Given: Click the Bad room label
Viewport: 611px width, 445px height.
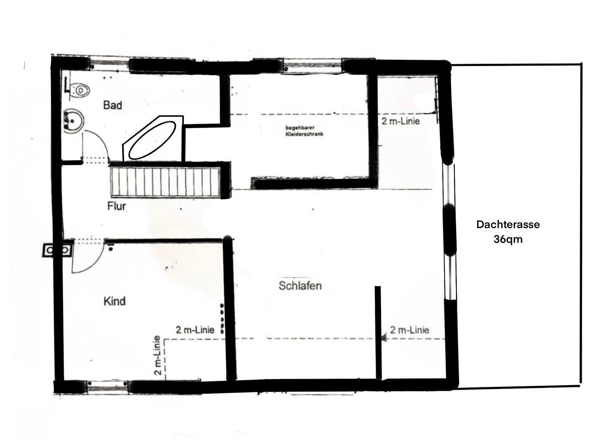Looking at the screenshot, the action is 113,105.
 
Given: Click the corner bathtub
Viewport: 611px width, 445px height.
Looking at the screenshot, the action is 153,138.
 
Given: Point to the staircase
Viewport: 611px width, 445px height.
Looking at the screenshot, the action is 165,182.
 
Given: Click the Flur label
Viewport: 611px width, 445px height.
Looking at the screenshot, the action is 117,206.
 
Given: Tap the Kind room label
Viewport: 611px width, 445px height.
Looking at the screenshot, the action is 115,301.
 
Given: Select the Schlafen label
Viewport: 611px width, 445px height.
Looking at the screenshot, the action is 300,286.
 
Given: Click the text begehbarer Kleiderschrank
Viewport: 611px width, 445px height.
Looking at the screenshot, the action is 304,131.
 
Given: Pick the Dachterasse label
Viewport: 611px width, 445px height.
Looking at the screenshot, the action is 508,225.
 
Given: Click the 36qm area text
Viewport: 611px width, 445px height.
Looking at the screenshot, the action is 508,239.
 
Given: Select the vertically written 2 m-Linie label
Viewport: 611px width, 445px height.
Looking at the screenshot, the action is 157,355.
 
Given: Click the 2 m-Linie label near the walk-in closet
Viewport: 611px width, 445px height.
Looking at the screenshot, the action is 400,121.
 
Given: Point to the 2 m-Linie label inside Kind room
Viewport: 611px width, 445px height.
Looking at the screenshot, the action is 195,330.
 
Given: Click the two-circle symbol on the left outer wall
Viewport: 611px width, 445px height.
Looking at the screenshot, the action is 58,250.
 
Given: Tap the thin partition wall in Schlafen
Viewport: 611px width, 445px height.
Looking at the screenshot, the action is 378,333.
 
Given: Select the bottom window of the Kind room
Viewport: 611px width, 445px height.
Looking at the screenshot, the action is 107,386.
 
